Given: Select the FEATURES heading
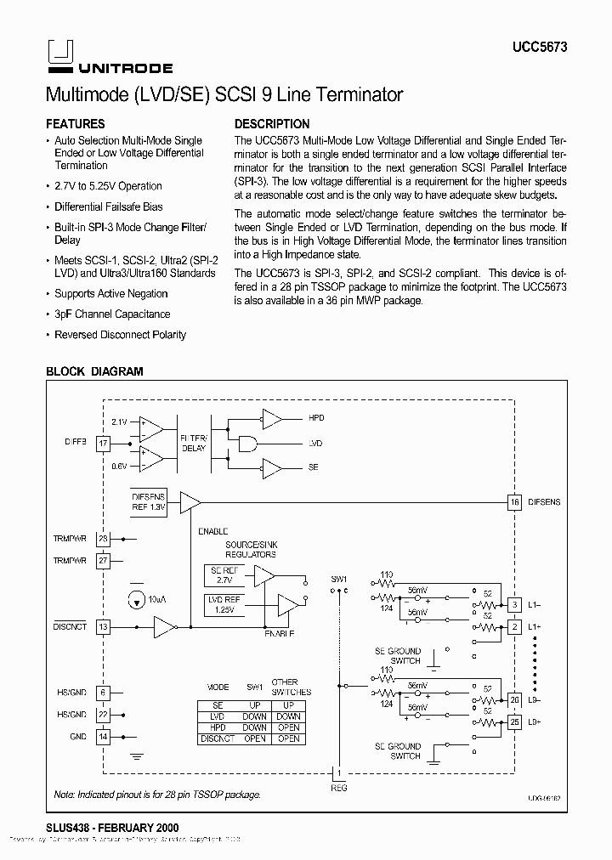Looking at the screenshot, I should pos(75,123).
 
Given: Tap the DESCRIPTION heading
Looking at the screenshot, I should pos(271,123).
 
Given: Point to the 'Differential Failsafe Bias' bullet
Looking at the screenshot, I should pos(108,207).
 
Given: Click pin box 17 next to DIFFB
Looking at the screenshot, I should pos(103,443).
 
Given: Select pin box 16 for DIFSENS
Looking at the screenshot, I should pos(513,501).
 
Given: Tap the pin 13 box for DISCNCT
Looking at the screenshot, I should pos(103,627).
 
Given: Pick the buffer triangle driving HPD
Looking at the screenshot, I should pos(273,418).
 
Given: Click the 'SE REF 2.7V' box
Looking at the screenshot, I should pos(224,575).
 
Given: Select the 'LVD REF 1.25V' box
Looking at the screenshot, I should pos(225,604).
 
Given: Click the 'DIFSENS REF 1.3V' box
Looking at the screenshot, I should pos(149,501).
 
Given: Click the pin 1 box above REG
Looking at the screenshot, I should pos(338,772).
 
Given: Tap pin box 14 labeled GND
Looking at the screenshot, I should pos(103,737).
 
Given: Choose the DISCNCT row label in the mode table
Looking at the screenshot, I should pos(217,738).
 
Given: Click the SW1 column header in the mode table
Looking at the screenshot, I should pos(254,687).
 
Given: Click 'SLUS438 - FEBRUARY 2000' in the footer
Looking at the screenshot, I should pos(111,827).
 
